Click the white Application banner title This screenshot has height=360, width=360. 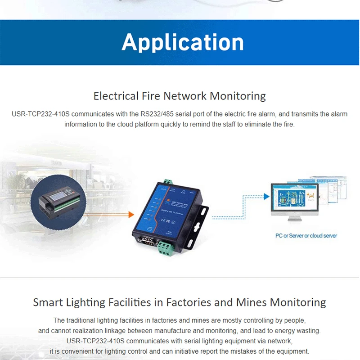pyautogui.click(x=182, y=42)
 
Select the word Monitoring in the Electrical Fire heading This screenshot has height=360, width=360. pyautogui.click(x=238, y=96)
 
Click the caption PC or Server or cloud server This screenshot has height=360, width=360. pyautogui.click(x=306, y=235)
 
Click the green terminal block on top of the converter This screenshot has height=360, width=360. pyautogui.click(x=168, y=181)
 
